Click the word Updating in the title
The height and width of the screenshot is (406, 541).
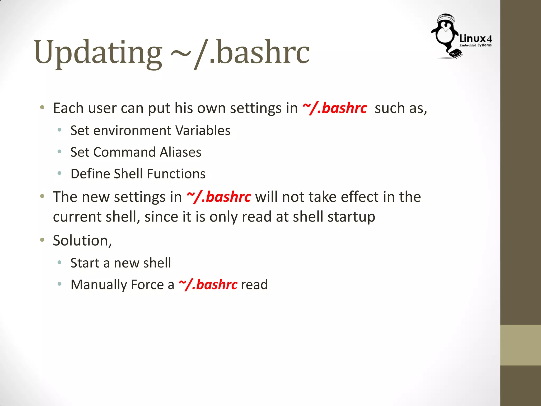98,53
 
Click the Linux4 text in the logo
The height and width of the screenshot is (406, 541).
475,39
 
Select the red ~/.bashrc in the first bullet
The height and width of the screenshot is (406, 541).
335,108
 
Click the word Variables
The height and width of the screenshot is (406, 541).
203,131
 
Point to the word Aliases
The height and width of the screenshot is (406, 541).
180,152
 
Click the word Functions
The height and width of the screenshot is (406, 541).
176,174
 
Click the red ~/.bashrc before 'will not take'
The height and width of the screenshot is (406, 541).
219,197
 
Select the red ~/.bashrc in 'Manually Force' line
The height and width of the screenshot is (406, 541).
208,285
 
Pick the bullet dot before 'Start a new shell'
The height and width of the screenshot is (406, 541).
60,262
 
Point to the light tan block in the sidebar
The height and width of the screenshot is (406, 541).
520,345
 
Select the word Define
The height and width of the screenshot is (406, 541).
90,174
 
